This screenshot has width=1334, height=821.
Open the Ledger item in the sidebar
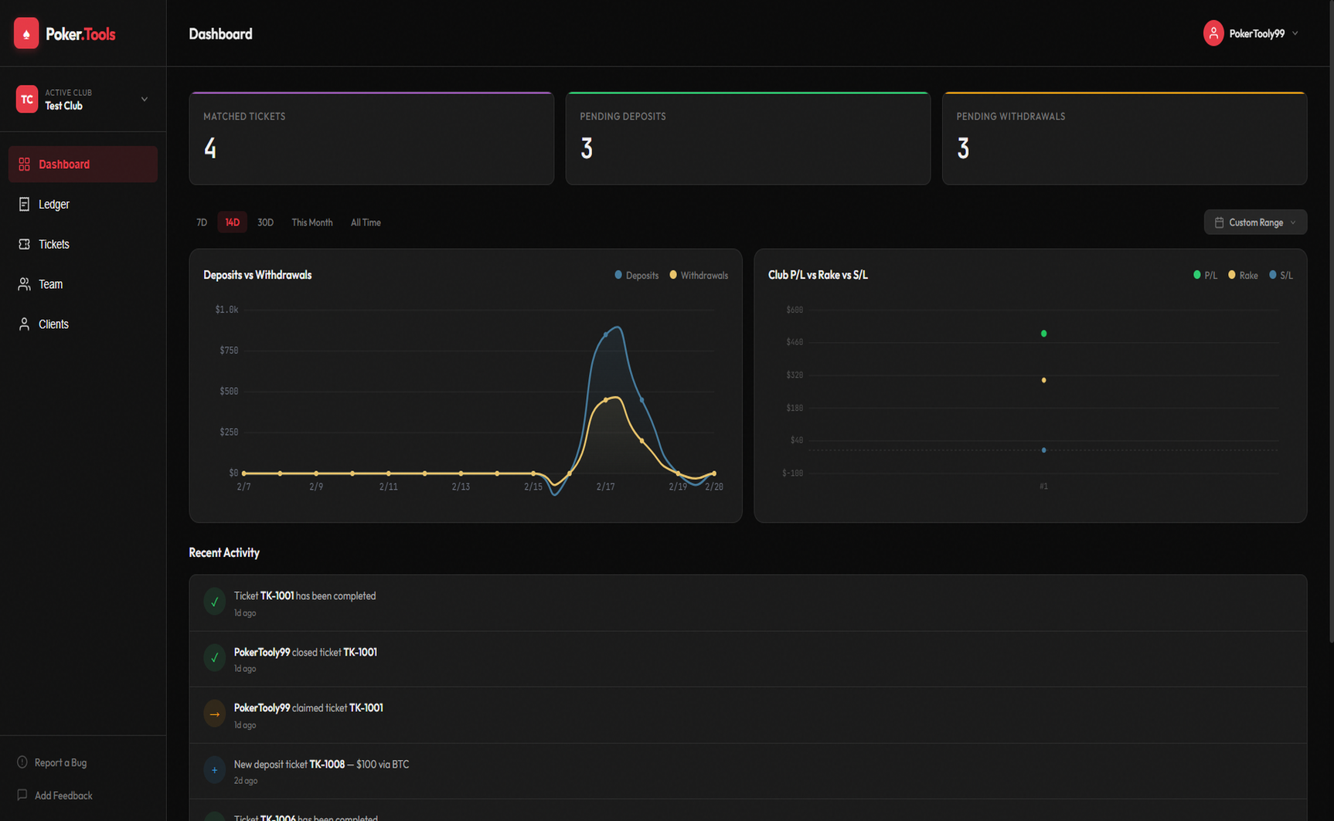pyautogui.click(x=53, y=205)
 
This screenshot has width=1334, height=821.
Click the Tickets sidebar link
pyautogui.click(x=53, y=244)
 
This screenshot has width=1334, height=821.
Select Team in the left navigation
pyautogui.click(x=50, y=284)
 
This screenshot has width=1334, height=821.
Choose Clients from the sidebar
pyautogui.click(x=53, y=324)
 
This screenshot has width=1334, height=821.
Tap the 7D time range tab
pyautogui.click(x=202, y=222)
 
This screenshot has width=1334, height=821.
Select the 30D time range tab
pyautogui.click(x=265, y=222)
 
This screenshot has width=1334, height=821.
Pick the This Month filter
pyautogui.click(x=311, y=222)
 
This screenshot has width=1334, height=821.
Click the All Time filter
pyautogui.click(x=366, y=222)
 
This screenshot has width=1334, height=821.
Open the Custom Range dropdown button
pyautogui.click(x=1255, y=222)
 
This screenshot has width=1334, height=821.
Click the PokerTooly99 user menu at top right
pyautogui.click(x=1251, y=34)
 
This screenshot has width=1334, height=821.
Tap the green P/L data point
pyautogui.click(x=1043, y=334)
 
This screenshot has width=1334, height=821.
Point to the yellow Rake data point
pyautogui.click(x=1043, y=380)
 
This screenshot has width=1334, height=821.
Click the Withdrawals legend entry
pyautogui.click(x=699, y=276)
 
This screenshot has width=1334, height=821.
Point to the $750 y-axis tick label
pyautogui.click(x=229, y=351)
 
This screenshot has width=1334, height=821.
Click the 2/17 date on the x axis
pyautogui.click(x=605, y=487)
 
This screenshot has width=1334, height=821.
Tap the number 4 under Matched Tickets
pyautogui.click(x=210, y=148)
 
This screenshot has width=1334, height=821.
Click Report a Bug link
pyautogui.click(x=60, y=762)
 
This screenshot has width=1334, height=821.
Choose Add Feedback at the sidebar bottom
pyautogui.click(x=63, y=796)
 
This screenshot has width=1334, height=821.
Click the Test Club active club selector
pyautogui.click(x=82, y=100)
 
